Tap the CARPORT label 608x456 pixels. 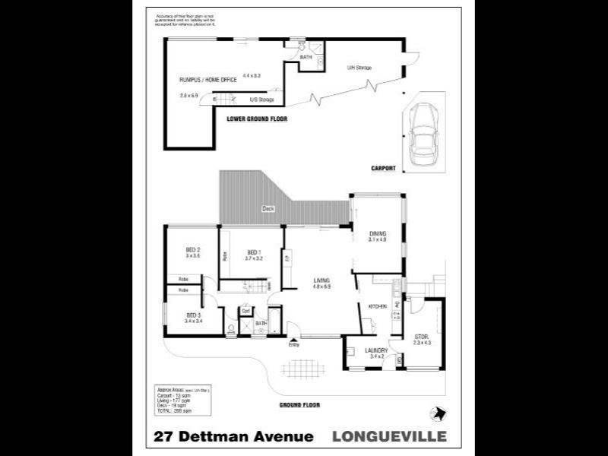(383, 168)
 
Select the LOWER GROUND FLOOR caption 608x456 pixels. (257, 120)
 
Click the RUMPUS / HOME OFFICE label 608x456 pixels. (205, 79)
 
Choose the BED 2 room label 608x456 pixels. (192, 250)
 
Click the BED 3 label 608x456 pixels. (193, 315)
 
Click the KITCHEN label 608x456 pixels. (378, 306)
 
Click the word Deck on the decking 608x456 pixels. (268, 208)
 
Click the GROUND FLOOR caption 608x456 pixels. (297, 405)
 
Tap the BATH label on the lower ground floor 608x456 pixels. (306, 57)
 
